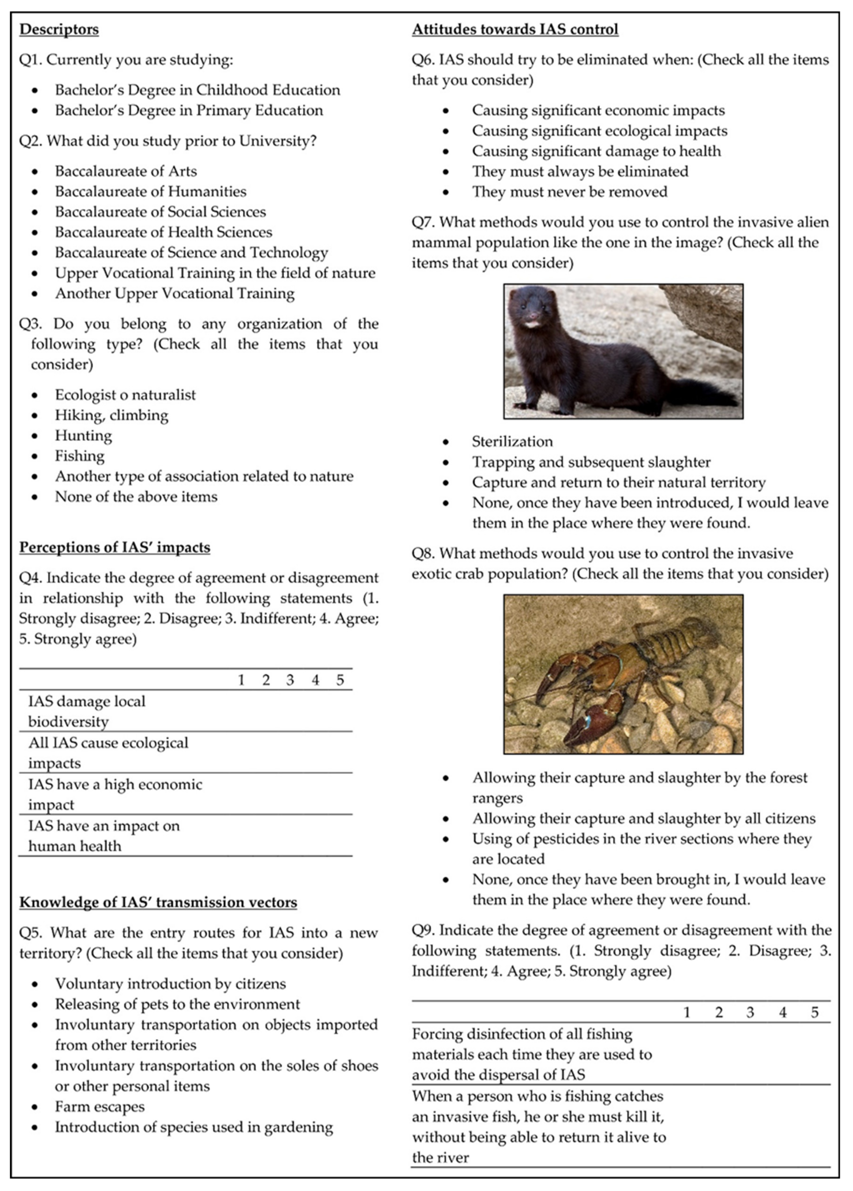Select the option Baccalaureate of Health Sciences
[x=163, y=232]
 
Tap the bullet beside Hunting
[x=35, y=436]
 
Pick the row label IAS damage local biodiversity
[x=87, y=711]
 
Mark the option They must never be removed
[x=569, y=192]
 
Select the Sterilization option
[x=512, y=441]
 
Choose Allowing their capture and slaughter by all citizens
[x=643, y=818]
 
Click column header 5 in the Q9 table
[x=815, y=1012]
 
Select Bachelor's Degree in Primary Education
[x=189, y=110]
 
